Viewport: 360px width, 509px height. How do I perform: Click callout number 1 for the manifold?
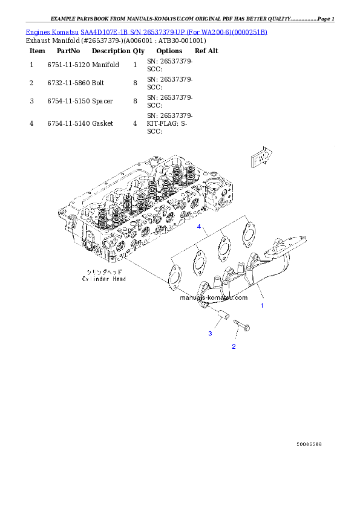262,306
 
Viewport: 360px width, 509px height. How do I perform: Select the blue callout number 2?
234,346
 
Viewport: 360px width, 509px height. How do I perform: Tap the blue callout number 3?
210,333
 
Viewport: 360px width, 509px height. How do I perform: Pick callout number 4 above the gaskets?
198,227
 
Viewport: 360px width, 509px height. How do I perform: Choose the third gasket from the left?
223,246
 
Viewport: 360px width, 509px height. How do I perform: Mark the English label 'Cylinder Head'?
103,279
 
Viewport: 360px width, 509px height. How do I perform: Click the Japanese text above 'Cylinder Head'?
103,272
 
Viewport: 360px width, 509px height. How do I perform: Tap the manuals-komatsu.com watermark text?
214,297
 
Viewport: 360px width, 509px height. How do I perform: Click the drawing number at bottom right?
309,444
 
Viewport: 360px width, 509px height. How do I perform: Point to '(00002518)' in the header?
249,31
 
